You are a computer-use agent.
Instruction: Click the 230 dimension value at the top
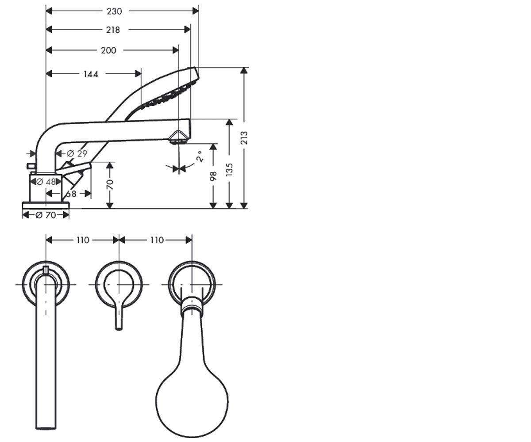[114, 11]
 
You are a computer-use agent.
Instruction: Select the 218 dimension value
[113, 30]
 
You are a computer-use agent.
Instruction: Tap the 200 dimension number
[108, 50]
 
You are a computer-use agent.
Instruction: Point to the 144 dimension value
[91, 74]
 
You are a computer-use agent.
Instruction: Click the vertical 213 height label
[244, 138]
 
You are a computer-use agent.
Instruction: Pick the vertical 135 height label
[229, 170]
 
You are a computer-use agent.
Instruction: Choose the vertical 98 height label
[213, 176]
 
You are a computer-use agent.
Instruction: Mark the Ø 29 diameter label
[77, 153]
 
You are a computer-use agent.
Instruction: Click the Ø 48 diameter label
[46, 182]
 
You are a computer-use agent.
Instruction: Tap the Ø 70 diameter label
[46, 215]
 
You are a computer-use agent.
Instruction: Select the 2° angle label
[200, 156]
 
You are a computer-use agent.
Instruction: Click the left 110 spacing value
[83, 240]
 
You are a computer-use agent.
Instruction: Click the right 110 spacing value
[157, 240]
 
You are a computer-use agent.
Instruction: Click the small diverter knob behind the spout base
[31, 166]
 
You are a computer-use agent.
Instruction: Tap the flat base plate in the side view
[46, 205]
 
